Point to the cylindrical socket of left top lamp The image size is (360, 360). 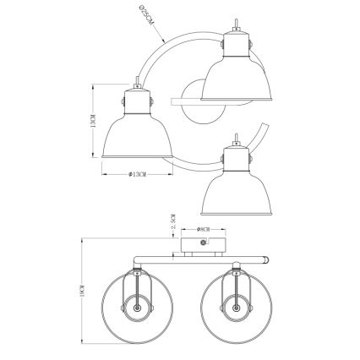(135, 98)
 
